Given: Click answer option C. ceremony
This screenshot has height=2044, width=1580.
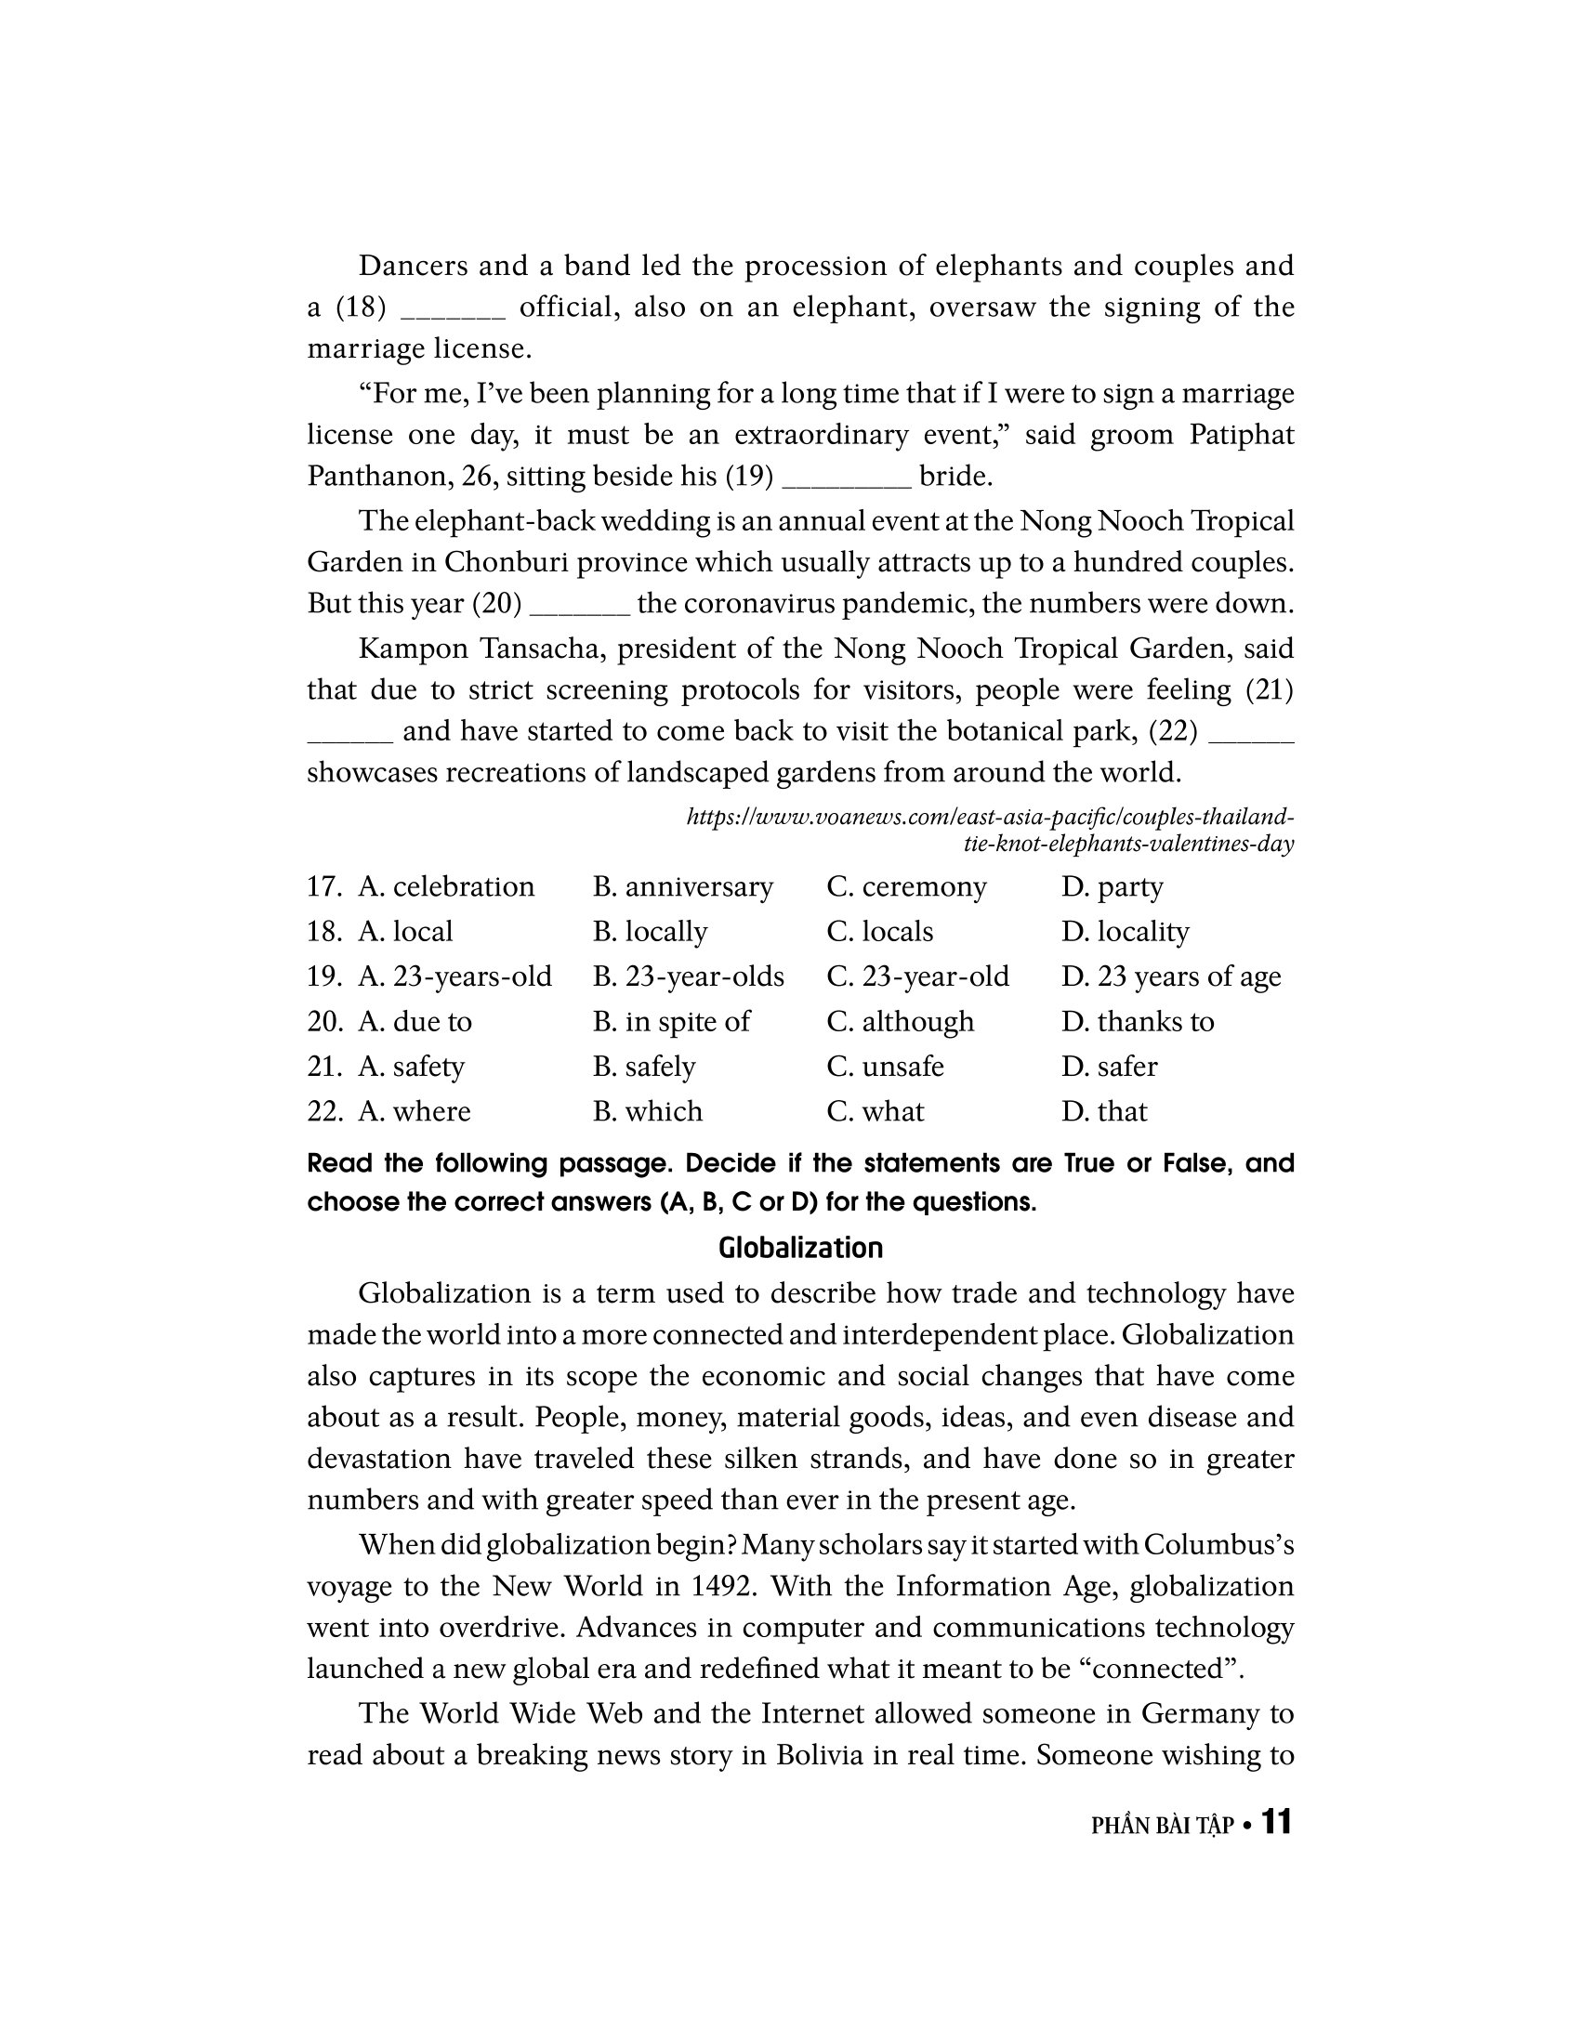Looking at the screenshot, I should pos(905,886).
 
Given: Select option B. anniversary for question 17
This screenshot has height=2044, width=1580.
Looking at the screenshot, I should pos(682,886).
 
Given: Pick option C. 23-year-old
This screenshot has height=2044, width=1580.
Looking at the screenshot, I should pos(917,976).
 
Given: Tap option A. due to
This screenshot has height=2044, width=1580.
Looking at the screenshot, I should pos(415,1021).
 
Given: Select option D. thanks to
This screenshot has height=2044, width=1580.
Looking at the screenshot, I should pos(1138,1021).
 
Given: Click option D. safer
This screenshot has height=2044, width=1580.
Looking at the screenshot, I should pos(1109,1066).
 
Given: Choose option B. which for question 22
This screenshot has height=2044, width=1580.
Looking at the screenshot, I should pos(647,1111).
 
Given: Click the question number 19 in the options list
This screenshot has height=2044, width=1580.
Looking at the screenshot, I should pos(323,976).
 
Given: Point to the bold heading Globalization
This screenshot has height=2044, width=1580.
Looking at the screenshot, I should pos(800,1248).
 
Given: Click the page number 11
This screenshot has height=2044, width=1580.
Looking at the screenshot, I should pos(1277,1822).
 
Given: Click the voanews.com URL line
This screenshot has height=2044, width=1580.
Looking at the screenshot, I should pos(991,817).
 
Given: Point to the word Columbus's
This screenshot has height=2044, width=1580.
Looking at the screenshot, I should pos(1218,1545).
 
